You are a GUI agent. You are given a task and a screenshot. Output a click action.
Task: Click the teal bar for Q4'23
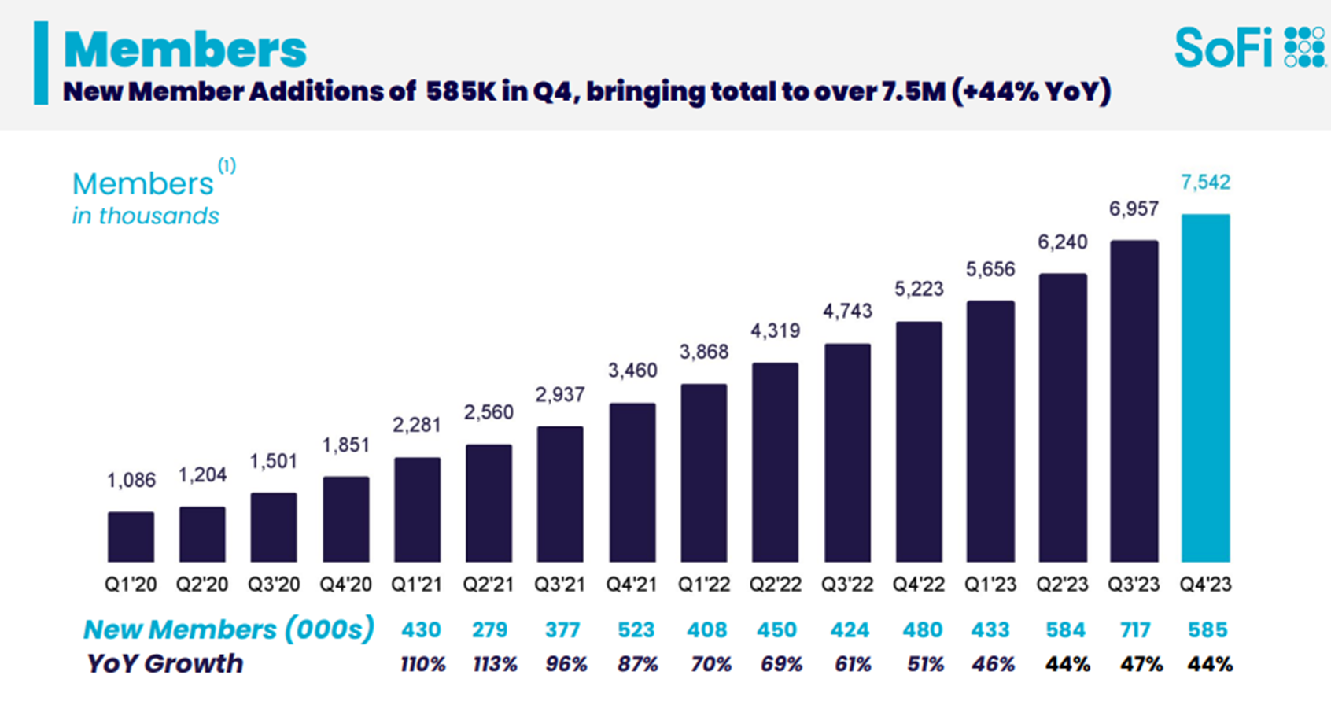(1205, 387)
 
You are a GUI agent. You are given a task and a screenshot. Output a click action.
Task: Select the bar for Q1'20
(131, 537)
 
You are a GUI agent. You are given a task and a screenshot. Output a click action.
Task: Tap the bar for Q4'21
(632, 482)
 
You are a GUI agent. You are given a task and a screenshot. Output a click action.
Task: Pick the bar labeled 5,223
(919, 441)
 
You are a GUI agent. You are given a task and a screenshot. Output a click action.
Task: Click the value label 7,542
(1205, 183)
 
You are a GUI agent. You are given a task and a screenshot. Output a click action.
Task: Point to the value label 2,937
(560, 395)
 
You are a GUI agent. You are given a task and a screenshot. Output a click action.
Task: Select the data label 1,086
(131, 480)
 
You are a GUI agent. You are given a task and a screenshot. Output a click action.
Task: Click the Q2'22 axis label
(776, 585)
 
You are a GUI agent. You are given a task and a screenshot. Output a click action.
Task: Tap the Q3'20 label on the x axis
(274, 585)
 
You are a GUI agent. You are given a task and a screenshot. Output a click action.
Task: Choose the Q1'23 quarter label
(990, 585)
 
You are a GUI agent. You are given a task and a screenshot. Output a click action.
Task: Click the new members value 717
(1134, 630)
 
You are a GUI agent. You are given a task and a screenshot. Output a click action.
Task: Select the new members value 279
(489, 630)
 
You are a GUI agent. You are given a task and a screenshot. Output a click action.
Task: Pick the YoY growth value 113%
(495, 665)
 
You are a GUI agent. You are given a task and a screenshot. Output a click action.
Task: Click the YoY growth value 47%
(1141, 665)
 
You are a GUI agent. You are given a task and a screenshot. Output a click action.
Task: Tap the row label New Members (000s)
(228, 629)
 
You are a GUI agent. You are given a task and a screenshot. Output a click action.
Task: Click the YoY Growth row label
(164, 664)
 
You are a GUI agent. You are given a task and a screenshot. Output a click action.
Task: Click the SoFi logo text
(1223, 49)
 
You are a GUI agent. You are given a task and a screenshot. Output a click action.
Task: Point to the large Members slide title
(185, 50)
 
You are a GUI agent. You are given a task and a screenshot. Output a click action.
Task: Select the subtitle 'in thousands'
(146, 216)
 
